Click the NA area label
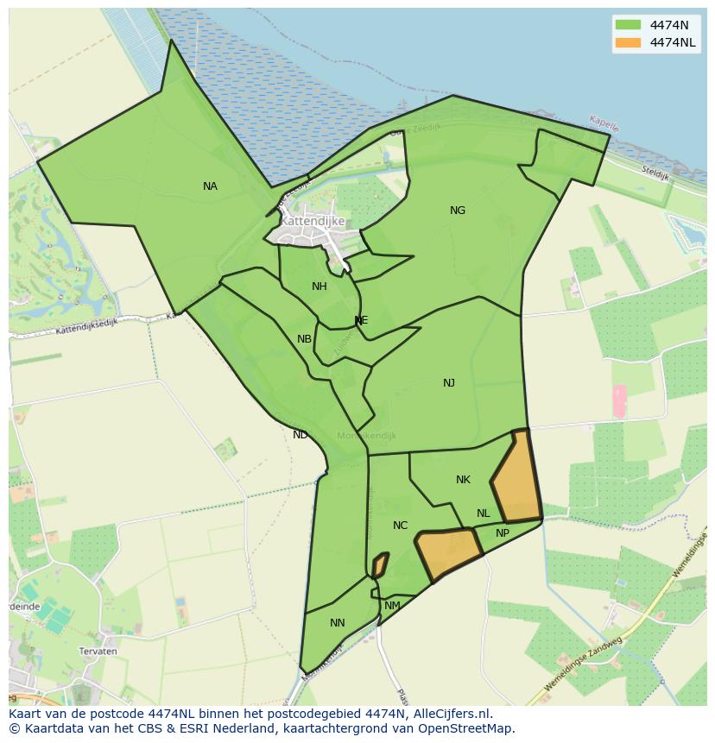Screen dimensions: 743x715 click(x=210, y=186)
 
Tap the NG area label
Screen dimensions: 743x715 click(x=458, y=211)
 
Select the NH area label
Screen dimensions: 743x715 click(x=320, y=286)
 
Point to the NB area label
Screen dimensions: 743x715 click(x=304, y=339)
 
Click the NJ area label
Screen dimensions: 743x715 click(x=449, y=383)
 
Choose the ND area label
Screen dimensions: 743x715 click(x=301, y=435)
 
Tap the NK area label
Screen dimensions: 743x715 click(x=463, y=480)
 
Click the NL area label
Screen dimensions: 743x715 click(x=484, y=513)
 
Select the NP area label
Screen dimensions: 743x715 click(x=503, y=533)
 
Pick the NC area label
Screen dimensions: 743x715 click(x=400, y=526)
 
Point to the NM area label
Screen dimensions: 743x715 click(x=392, y=606)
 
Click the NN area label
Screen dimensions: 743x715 click(x=338, y=623)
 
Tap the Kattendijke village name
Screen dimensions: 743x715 click(x=313, y=222)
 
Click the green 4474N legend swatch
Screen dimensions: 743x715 click(x=628, y=25)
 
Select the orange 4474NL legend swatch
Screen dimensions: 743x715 click(x=628, y=42)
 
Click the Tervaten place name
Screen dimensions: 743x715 click(x=98, y=652)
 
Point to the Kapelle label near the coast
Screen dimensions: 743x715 click(x=604, y=123)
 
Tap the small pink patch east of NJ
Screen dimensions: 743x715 click(x=618, y=402)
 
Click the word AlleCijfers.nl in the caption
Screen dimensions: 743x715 click(x=450, y=714)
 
